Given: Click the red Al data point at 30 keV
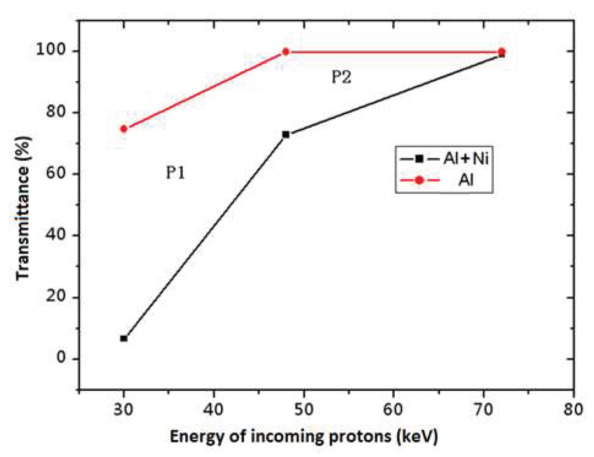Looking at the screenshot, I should coord(124,129).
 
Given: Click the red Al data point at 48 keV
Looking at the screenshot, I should coord(286,52).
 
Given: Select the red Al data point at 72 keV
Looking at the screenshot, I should coord(502,52).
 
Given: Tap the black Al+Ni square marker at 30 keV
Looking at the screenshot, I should coord(124,338).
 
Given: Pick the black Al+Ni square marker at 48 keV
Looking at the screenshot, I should coord(286,134).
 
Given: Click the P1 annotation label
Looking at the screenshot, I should coord(176,173).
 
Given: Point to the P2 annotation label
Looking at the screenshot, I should coord(341,77).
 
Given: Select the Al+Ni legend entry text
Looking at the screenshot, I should coord(466,159).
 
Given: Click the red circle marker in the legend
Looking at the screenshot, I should coord(419,180).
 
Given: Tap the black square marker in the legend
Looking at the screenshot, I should coord(419,159).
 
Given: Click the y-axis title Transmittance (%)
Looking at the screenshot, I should coord(23,208).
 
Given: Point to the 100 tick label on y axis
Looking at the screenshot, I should coord(50,50).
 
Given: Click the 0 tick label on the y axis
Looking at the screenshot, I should coord(61,358).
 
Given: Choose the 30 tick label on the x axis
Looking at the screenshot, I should coord(123,409).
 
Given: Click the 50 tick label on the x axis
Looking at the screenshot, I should coord(303,409).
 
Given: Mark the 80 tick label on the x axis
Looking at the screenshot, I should coord(573,409).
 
